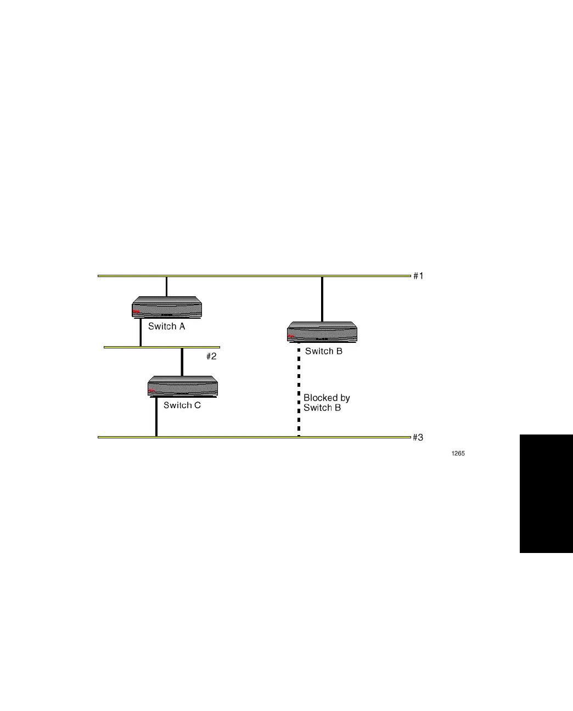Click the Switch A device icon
[167, 307]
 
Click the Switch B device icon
[322, 332]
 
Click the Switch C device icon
[183, 387]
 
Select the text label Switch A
[166, 326]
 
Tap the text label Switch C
[182, 405]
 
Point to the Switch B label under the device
[324, 351]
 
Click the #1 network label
[418, 276]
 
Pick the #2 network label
[211, 357]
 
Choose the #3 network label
[418, 438]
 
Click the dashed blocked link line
[299, 390]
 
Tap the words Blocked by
[327, 398]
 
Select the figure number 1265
[458, 454]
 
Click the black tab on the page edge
[546, 494]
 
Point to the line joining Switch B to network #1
[322, 299]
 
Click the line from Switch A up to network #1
[166, 286]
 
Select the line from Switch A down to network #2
[141, 332]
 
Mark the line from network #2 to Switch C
[182, 362]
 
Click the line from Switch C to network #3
[156, 417]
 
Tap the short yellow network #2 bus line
[162, 347]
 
